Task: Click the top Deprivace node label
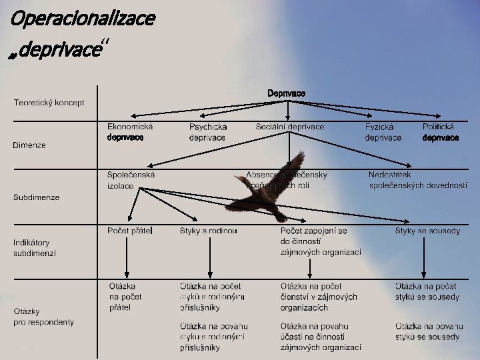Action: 287,93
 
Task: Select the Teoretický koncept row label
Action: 49,103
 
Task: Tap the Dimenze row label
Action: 29,145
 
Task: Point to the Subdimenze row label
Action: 37,197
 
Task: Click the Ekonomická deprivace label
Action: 130,132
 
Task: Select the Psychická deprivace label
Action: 208,132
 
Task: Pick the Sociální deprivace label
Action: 290,127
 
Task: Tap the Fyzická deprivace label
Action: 383,132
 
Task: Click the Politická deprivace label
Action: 440,132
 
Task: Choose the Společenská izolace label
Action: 131,180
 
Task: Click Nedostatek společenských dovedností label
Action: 418,180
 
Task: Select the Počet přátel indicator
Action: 130,231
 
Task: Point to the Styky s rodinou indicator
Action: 208,231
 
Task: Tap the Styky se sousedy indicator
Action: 427,231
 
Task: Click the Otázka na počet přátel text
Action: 125,297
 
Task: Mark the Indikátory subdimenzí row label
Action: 35,248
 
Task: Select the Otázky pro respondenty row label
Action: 43,317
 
